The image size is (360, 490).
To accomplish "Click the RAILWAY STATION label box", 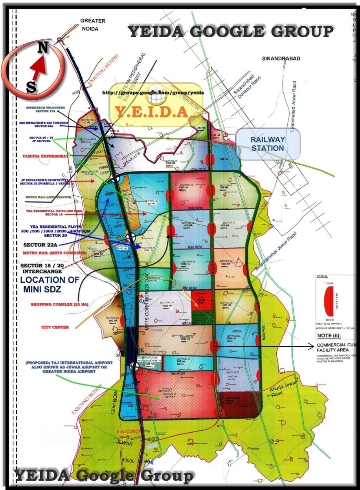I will pos(268,144).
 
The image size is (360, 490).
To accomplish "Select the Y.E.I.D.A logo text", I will pos(151,112).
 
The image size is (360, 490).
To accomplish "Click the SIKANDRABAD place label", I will pos(281,59).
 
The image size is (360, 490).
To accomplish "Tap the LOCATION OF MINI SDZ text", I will pos(50,284).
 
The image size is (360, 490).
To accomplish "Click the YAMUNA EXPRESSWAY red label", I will pos(46,156).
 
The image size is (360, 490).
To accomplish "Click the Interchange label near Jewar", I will pos(128,431).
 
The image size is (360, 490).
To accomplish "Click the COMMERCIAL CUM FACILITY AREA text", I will pos(336,348).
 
